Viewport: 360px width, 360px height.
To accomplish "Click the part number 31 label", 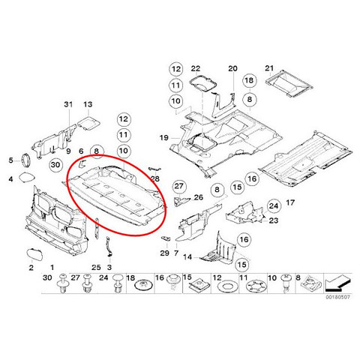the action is coord(68,104).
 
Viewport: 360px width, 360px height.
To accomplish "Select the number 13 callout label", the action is coord(88,104).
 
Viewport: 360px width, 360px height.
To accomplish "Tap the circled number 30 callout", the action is coord(55,165).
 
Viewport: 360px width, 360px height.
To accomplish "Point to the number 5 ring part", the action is coord(25,159).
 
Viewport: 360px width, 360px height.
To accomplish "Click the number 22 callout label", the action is coord(196,68).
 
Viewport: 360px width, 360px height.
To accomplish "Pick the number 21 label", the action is coord(269,68).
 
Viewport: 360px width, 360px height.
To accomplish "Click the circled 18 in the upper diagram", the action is coord(249,80).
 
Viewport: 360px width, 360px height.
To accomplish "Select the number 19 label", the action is coord(164,137).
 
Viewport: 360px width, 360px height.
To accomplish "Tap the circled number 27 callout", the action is coord(179,186).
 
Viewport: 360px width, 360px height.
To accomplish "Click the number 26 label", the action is coord(199,197).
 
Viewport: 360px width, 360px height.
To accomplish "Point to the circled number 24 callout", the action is coord(274,206).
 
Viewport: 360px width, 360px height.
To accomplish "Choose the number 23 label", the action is coord(274,220).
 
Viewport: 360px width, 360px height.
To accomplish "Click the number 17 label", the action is coord(290,202).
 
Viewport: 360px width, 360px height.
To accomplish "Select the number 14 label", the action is coord(187,257).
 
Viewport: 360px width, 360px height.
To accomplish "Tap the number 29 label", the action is coord(164,253).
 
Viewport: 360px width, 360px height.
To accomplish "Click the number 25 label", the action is coord(96,268).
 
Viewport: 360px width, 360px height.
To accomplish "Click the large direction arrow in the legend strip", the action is coord(337,283).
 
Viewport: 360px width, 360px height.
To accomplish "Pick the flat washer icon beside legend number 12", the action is coord(226,286).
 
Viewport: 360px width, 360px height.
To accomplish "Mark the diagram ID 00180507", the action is coord(337,297).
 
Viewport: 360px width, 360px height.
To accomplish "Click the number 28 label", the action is coord(155,179).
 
